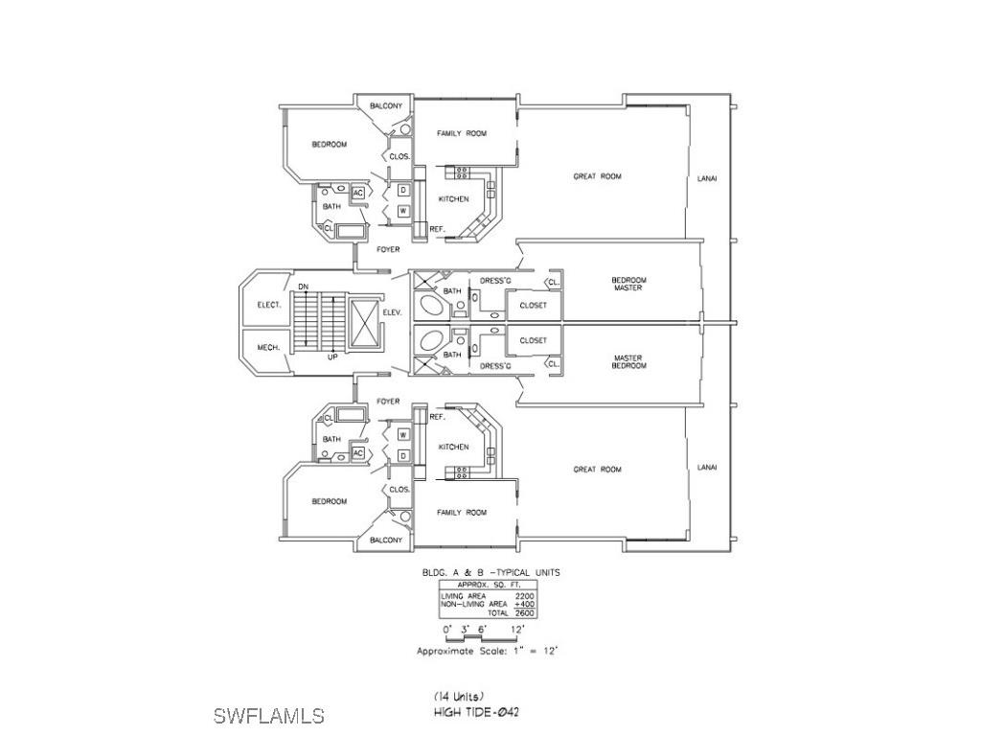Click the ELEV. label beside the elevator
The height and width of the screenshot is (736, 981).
pyautogui.click(x=391, y=312)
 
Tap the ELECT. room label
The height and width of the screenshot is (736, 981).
pyautogui.click(x=268, y=305)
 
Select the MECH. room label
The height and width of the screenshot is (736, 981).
pyautogui.click(x=268, y=347)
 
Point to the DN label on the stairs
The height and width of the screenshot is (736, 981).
pyautogui.click(x=303, y=287)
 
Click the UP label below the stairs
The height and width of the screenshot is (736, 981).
pyautogui.click(x=332, y=357)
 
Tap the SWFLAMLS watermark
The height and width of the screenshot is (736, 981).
pyautogui.click(x=268, y=716)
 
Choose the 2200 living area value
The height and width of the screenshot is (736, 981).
pyautogui.click(x=524, y=595)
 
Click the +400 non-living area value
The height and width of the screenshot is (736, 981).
pyautogui.click(x=523, y=604)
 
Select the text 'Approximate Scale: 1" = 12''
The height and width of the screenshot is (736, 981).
pyautogui.click(x=487, y=651)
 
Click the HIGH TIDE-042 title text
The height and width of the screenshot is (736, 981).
pyautogui.click(x=476, y=713)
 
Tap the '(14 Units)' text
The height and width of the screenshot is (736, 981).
pyautogui.click(x=459, y=696)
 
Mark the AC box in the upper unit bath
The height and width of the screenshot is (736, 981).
pyautogui.click(x=358, y=193)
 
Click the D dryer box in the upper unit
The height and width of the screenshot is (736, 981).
pyautogui.click(x=403, y=190)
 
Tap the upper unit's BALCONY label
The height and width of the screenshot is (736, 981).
pyautogui.click(x=386, y=105)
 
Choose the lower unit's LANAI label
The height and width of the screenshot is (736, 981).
pyautogui.click(x=707, y=467)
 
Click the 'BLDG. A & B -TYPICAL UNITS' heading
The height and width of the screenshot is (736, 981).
pyautogui.click(x=490, y=572)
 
